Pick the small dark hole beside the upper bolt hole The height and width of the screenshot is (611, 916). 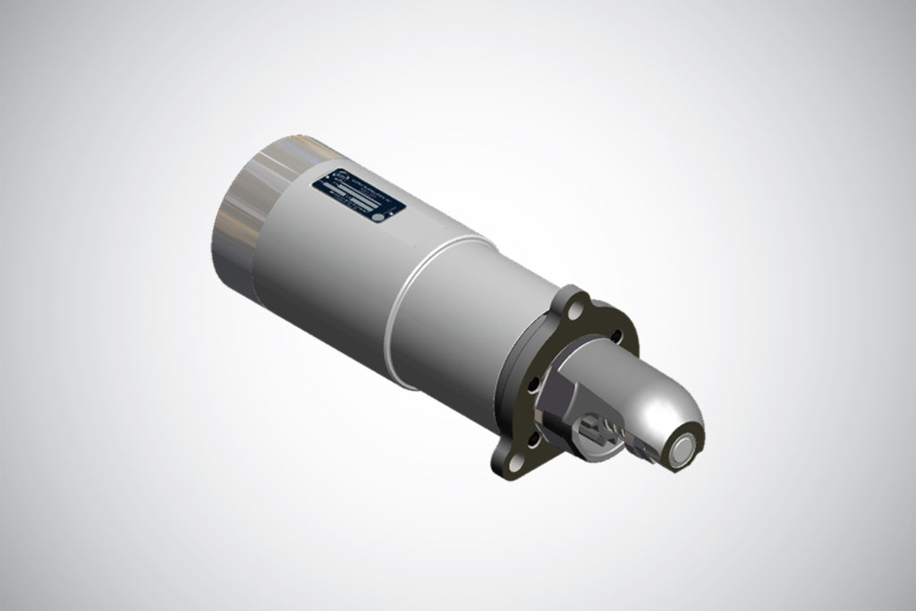615,335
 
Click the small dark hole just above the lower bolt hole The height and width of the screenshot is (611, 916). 533,440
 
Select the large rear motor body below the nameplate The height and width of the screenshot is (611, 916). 322,268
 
